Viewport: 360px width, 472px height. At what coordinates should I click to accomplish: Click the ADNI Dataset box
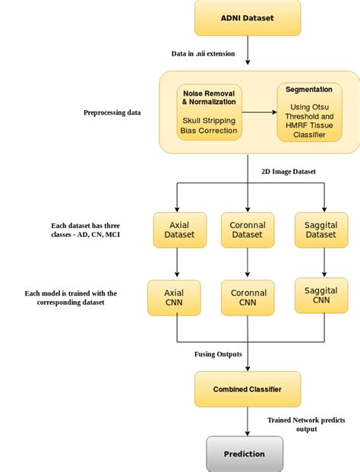[x=248, y=17]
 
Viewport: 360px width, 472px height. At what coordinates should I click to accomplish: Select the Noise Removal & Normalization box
[x=209, y=112]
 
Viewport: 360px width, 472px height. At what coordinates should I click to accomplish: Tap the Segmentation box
[x=308, y=112]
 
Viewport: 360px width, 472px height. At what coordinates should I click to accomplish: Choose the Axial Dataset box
[x=179, y=230]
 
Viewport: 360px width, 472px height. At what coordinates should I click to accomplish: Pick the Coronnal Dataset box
[x=247, y=230]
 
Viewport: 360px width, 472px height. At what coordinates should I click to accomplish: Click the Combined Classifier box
[x=247, y=389]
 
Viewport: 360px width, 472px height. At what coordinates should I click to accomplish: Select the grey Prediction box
[x=245, y=454]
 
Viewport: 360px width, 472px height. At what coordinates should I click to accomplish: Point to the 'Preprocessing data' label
[x=113, y=112]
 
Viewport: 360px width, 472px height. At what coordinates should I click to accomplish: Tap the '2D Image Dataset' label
[x=289, y=171]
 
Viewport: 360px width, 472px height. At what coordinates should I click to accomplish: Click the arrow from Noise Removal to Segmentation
[x=259, y=112]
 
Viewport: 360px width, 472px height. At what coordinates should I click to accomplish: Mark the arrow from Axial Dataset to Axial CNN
[x=177, y=263]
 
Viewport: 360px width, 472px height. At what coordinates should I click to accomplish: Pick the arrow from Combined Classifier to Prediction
[x=248, y=421]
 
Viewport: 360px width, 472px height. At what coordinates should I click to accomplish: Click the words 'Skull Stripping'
[x=209, y=120]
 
